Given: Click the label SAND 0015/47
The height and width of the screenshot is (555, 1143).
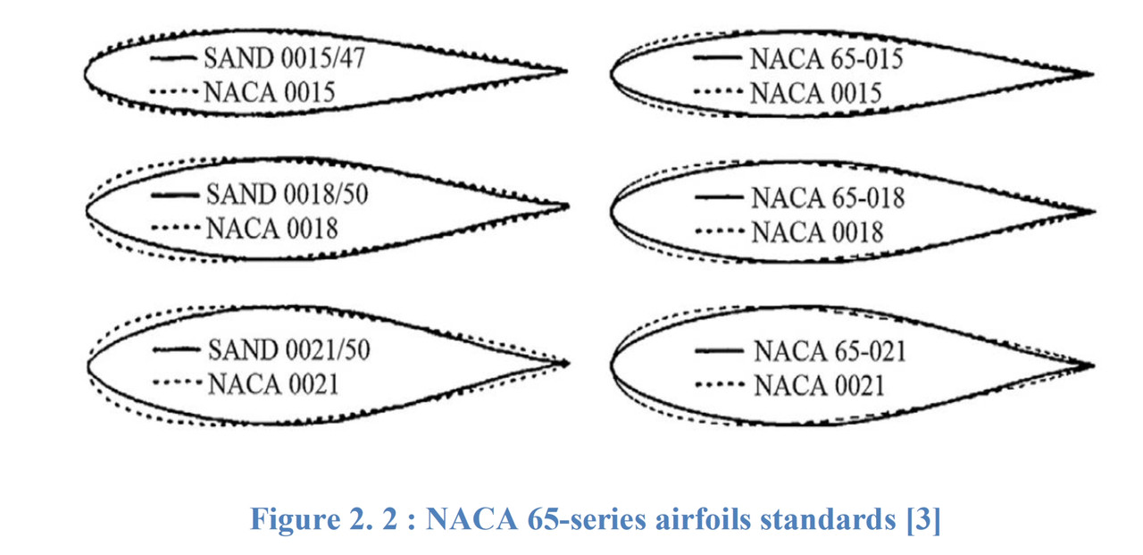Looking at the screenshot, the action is tap(285, 58).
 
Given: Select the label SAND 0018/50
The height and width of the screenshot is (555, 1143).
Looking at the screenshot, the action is tap(287, 194).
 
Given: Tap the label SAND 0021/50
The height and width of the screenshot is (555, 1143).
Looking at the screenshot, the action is tap(288, 350).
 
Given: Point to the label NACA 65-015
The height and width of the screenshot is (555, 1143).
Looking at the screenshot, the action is tap(827, 59).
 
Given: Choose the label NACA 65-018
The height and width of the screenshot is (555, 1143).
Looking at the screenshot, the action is tap(828, 198).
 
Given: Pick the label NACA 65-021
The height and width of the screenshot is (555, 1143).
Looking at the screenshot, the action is tap(830, 351).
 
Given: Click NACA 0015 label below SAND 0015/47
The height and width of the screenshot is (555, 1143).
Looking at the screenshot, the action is tap(270, 92).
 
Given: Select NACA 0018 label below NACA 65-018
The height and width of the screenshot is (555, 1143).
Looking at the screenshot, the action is tap(817, 232).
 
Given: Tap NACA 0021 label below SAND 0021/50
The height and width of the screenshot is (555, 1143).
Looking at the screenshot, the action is tap(273, 384).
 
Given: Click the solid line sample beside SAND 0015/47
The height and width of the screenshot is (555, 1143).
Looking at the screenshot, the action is tap(173, 58).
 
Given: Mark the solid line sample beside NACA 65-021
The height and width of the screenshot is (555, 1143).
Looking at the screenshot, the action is tap(719, 350).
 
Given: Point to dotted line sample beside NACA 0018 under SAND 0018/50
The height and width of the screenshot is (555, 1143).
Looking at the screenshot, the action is tap(175, 228).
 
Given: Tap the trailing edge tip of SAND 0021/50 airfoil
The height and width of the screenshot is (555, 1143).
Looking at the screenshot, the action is tap(569, 364).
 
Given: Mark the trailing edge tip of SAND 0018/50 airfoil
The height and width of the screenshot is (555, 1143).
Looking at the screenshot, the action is tap(569, 206).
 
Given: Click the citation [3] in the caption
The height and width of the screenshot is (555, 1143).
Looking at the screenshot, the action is tap(923, 520).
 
